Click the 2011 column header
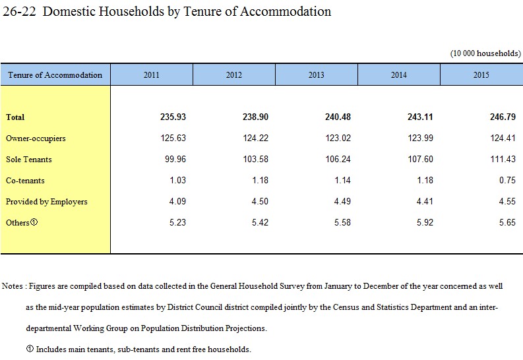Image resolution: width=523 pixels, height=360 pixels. pyautogui.click(x=152, y=75)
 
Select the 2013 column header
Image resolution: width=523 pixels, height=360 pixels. pyautogui.click(x=316, y=75)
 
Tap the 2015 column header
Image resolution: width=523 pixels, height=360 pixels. pyautogui.click(x=481, y=75)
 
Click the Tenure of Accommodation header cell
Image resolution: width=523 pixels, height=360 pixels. pyautogui.click(x=55, y=75)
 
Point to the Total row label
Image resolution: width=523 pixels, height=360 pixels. pyautogui.click(x=15, y=117)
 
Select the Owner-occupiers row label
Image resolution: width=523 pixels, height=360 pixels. pyautogui.click(x=36, y=138)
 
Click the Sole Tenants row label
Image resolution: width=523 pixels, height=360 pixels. pyautogui.click(x=28, y=160)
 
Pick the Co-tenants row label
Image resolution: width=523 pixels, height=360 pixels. pyautogui.click(x=25, y=181)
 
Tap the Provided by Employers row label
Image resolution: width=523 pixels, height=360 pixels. pyautogui.click(x=46, y=202)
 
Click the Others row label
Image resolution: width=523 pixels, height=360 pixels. pyautogui.click(x=22, y=222)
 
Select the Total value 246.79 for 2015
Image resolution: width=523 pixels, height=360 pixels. pyautogui.click(x=503, y=117)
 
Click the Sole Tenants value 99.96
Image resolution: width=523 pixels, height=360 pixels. pyautogui.click(x=175, y=159)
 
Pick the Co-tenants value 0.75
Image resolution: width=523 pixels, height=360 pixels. pyautogui.click(x=507, y=180)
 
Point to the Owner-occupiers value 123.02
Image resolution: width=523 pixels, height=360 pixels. pyautogui.click(x=338, y=138)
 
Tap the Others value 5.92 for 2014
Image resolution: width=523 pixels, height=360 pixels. pyautogui.click(x=425, y=222)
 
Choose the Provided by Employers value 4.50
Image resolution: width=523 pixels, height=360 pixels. pyautogui.click(x=260, y=201)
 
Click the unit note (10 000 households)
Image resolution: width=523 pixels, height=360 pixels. pyautogui.click(x=485, y=53)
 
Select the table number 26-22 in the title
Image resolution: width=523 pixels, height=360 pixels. pyautogui.click(x=19, y=11)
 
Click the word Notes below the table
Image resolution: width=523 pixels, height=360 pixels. pyautogui.click(x=13, y=286)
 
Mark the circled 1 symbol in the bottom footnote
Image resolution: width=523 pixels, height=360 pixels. pyautogui.click(x=30, y=349)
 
